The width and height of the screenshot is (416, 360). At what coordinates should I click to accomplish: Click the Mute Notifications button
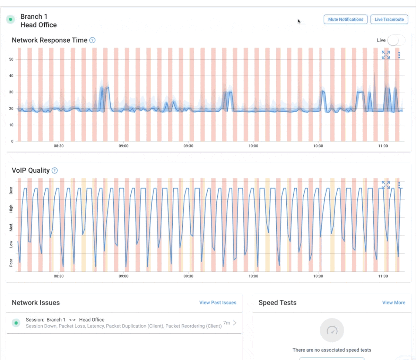345,19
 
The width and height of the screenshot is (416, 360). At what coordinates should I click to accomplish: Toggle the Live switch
396,40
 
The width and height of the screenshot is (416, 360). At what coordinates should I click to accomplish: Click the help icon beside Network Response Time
92,40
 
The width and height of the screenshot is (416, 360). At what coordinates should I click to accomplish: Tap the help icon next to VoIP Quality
54,170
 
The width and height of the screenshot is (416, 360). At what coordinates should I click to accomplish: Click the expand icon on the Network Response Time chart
386,55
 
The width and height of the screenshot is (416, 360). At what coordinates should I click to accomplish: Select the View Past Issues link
218,302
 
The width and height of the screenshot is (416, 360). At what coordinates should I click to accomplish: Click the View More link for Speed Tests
393,302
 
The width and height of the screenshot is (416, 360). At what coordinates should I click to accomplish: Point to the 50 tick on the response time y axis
11,59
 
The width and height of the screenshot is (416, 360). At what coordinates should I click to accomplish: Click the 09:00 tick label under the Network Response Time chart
123,146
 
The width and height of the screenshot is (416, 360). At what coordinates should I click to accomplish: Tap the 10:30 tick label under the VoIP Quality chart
318,276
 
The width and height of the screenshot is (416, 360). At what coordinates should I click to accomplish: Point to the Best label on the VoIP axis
11,191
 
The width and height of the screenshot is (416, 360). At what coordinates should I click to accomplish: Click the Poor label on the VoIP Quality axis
11,263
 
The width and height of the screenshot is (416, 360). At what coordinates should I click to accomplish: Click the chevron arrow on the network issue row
235,323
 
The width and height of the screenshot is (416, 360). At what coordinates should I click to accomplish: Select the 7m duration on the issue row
226,323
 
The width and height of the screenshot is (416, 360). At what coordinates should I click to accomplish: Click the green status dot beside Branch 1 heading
11,19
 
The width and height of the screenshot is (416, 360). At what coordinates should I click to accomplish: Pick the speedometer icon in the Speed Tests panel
332,331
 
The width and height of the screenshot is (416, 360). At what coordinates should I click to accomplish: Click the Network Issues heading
36,302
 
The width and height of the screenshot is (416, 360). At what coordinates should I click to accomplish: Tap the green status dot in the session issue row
16,323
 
